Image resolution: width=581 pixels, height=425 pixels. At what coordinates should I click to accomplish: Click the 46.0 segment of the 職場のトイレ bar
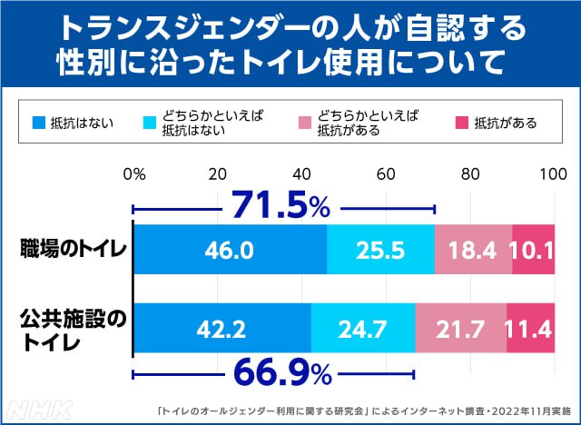click(x=230, y=248)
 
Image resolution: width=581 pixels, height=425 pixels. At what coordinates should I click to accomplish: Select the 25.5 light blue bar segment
click(x=380, y=248)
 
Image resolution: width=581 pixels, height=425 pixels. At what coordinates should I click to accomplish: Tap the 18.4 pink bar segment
click(x=473, y=248)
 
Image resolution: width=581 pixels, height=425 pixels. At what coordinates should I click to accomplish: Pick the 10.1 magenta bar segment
click(x=533, y=248)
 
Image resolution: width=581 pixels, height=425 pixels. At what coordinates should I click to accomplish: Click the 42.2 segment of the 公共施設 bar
click(x=222, y=328)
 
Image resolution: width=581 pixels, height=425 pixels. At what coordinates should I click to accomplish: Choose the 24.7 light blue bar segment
click(x=362, y=328)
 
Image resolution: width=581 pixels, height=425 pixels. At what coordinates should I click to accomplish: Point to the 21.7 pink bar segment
click(x=460, y=328)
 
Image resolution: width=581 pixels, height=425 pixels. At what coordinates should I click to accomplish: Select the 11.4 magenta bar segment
click(x=530, y=328)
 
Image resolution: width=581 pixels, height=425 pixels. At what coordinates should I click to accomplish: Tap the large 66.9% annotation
click(x=272, y=372)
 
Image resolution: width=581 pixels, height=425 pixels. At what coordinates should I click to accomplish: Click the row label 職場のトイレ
click(x=74, y=248)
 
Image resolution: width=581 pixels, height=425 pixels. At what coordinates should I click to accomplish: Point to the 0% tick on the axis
click(x=133, y=174)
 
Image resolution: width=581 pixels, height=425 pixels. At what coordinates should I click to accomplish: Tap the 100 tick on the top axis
click(x=553, y=174)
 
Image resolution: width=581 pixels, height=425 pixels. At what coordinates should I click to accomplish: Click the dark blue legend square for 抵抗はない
click(x=38, y=123)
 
